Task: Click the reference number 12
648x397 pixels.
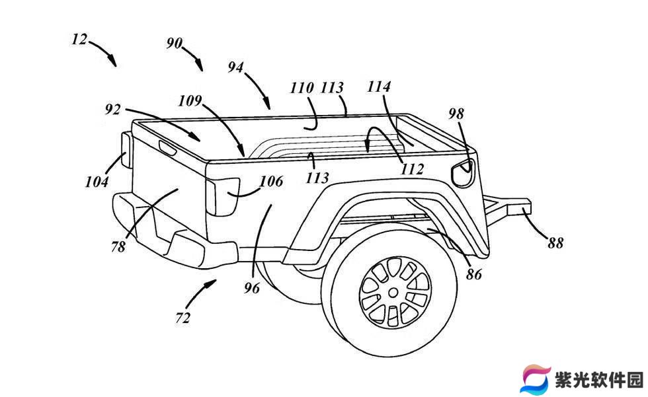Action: coord(80,40)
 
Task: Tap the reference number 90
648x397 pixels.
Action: coord(175,43)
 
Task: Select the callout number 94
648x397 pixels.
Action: coord(236,67)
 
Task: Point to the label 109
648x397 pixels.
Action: coord(190,100)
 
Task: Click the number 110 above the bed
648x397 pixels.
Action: coord(302,88)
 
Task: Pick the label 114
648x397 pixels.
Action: coord(379,87)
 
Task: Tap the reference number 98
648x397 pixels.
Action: coord(456,114)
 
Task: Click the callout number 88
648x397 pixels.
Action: coord(556,242)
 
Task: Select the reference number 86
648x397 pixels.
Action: coord(474,274)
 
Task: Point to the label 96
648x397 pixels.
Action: coord(252,287)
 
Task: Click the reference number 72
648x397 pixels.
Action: coord(182,318)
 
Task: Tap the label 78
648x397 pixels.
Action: coord(118,246)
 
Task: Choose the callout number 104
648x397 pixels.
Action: coord(97,182)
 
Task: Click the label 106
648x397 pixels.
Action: coord(272,181)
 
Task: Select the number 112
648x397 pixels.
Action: coord(413,169)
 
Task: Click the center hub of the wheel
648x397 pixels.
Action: coord(393,293)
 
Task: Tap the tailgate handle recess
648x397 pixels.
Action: coord(167,147)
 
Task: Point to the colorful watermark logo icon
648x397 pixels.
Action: coord(535,378)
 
